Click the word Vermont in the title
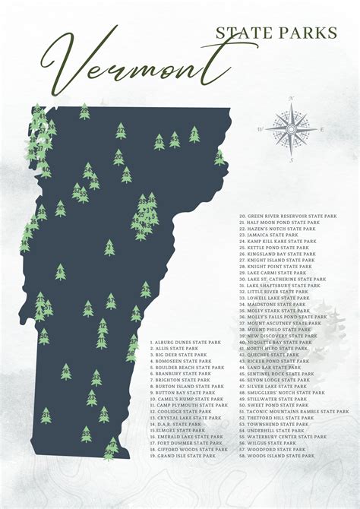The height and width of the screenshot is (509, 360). pos(129,65)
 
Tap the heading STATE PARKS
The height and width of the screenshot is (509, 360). pos(276,32)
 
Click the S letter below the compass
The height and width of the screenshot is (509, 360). pos(291,160)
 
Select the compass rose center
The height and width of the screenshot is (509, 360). pos(291,129)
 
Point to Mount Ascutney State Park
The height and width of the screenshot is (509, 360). pos(280,323)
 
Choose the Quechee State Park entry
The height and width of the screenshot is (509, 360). pos(273,354)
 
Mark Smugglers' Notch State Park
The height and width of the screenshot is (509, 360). pos(283,392)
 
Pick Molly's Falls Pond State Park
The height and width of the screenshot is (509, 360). pos(283,317)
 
